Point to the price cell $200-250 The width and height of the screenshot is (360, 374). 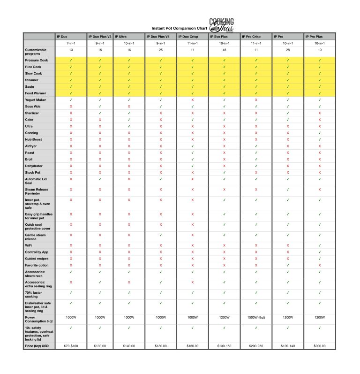(x=256, y=345)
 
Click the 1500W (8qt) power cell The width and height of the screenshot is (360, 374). (x=256, y=317)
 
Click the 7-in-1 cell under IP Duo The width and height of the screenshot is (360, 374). (x=70, y=43)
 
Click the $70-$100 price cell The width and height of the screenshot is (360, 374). (x=70, y=345)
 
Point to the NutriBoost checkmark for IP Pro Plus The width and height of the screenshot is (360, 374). (x=320, y=139)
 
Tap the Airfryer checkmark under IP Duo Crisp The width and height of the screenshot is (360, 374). (x=193, y=146)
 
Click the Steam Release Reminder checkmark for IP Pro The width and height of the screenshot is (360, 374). (x=288, y=190)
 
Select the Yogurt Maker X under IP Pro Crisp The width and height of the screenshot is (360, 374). (x=256, y=100)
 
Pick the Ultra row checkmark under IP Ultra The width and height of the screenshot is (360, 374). (x=129, y=126)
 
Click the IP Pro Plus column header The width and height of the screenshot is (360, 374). (x=315, y=36)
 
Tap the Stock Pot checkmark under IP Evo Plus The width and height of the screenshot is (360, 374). (x=225, y=172)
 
